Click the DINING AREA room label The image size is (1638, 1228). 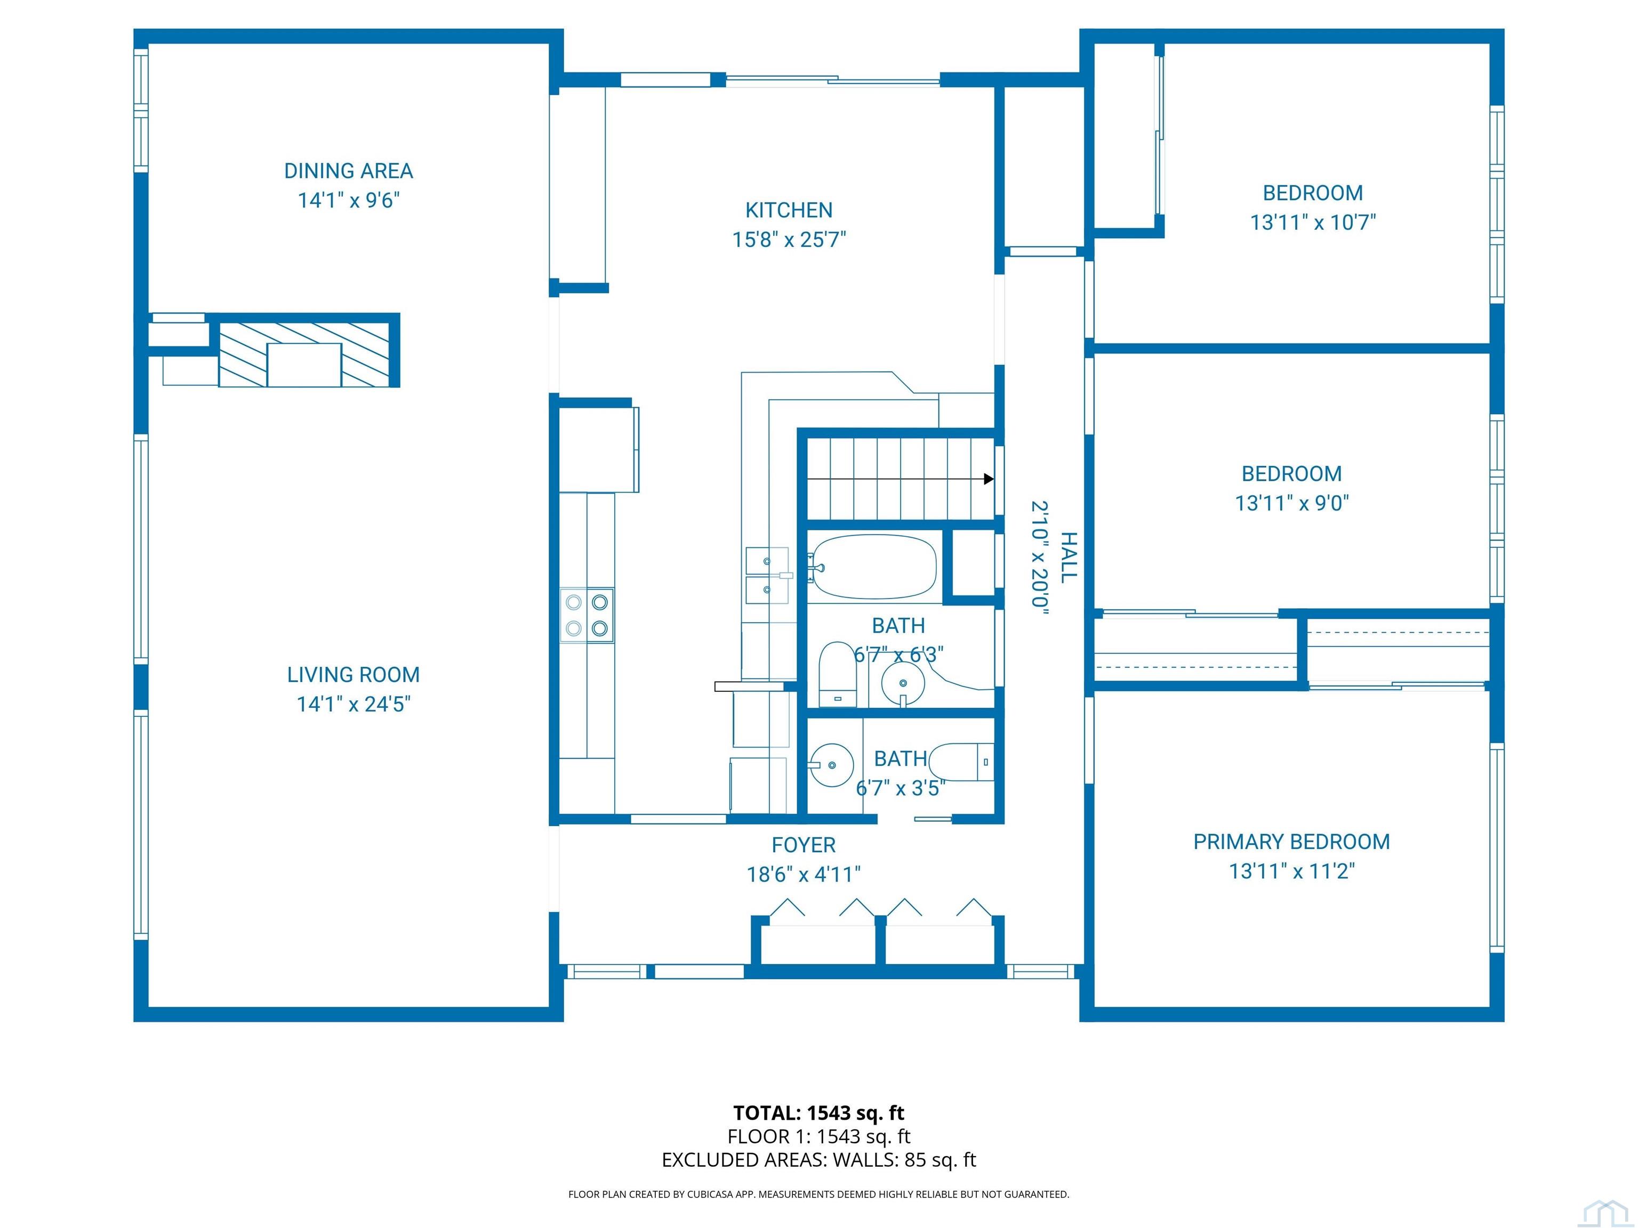[x=348, y=171]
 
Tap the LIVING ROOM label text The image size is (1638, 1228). [x=353, y=675]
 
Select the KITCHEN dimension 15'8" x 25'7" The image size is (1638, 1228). [x=789, y=240]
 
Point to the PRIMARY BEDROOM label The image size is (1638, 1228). [x=1291, y=842]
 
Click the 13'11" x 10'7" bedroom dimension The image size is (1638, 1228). [x=1313, y=222]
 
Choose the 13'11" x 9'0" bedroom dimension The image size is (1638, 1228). [x=1291, y=503]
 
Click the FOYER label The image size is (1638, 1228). [x=804, y=845]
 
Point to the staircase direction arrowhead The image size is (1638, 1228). [x=989, y=479]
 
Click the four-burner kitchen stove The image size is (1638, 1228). [x=587, y=615]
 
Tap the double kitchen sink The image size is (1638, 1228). [x=767, y=575]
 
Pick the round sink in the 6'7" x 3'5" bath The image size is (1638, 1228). [x=832, y=765]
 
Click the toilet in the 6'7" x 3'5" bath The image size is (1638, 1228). [x=961, y=762]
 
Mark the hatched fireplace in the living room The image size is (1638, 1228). [x=304, y=354]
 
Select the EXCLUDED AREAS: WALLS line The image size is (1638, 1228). [x=819, y=1160]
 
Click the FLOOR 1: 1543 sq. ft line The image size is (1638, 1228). [x=819, y=1136]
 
